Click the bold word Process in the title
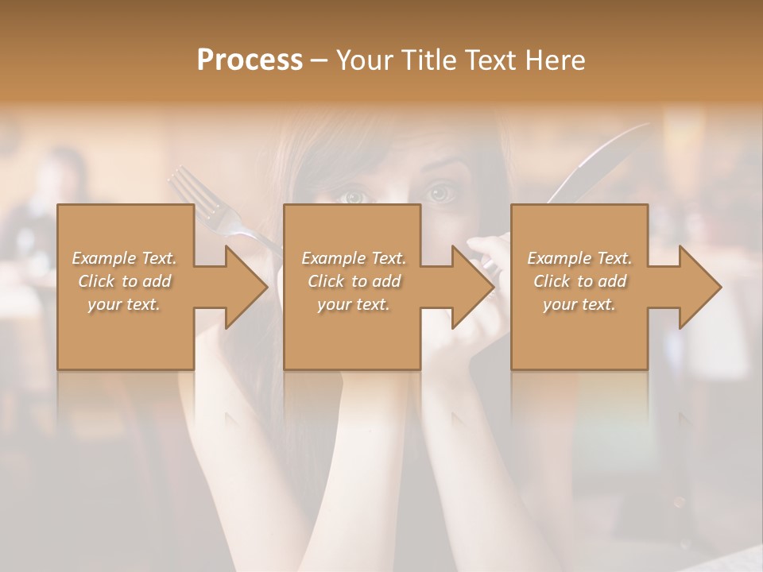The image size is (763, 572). pos(250,60)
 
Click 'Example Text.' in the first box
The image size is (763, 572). pos(125,258)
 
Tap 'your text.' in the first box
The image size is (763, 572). pos(125,304)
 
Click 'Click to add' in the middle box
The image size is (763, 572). pos(354,281)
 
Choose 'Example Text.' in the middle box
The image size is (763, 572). pos(354,258)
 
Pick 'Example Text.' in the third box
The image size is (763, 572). pos(580,258)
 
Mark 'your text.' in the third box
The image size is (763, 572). pos(580,304)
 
